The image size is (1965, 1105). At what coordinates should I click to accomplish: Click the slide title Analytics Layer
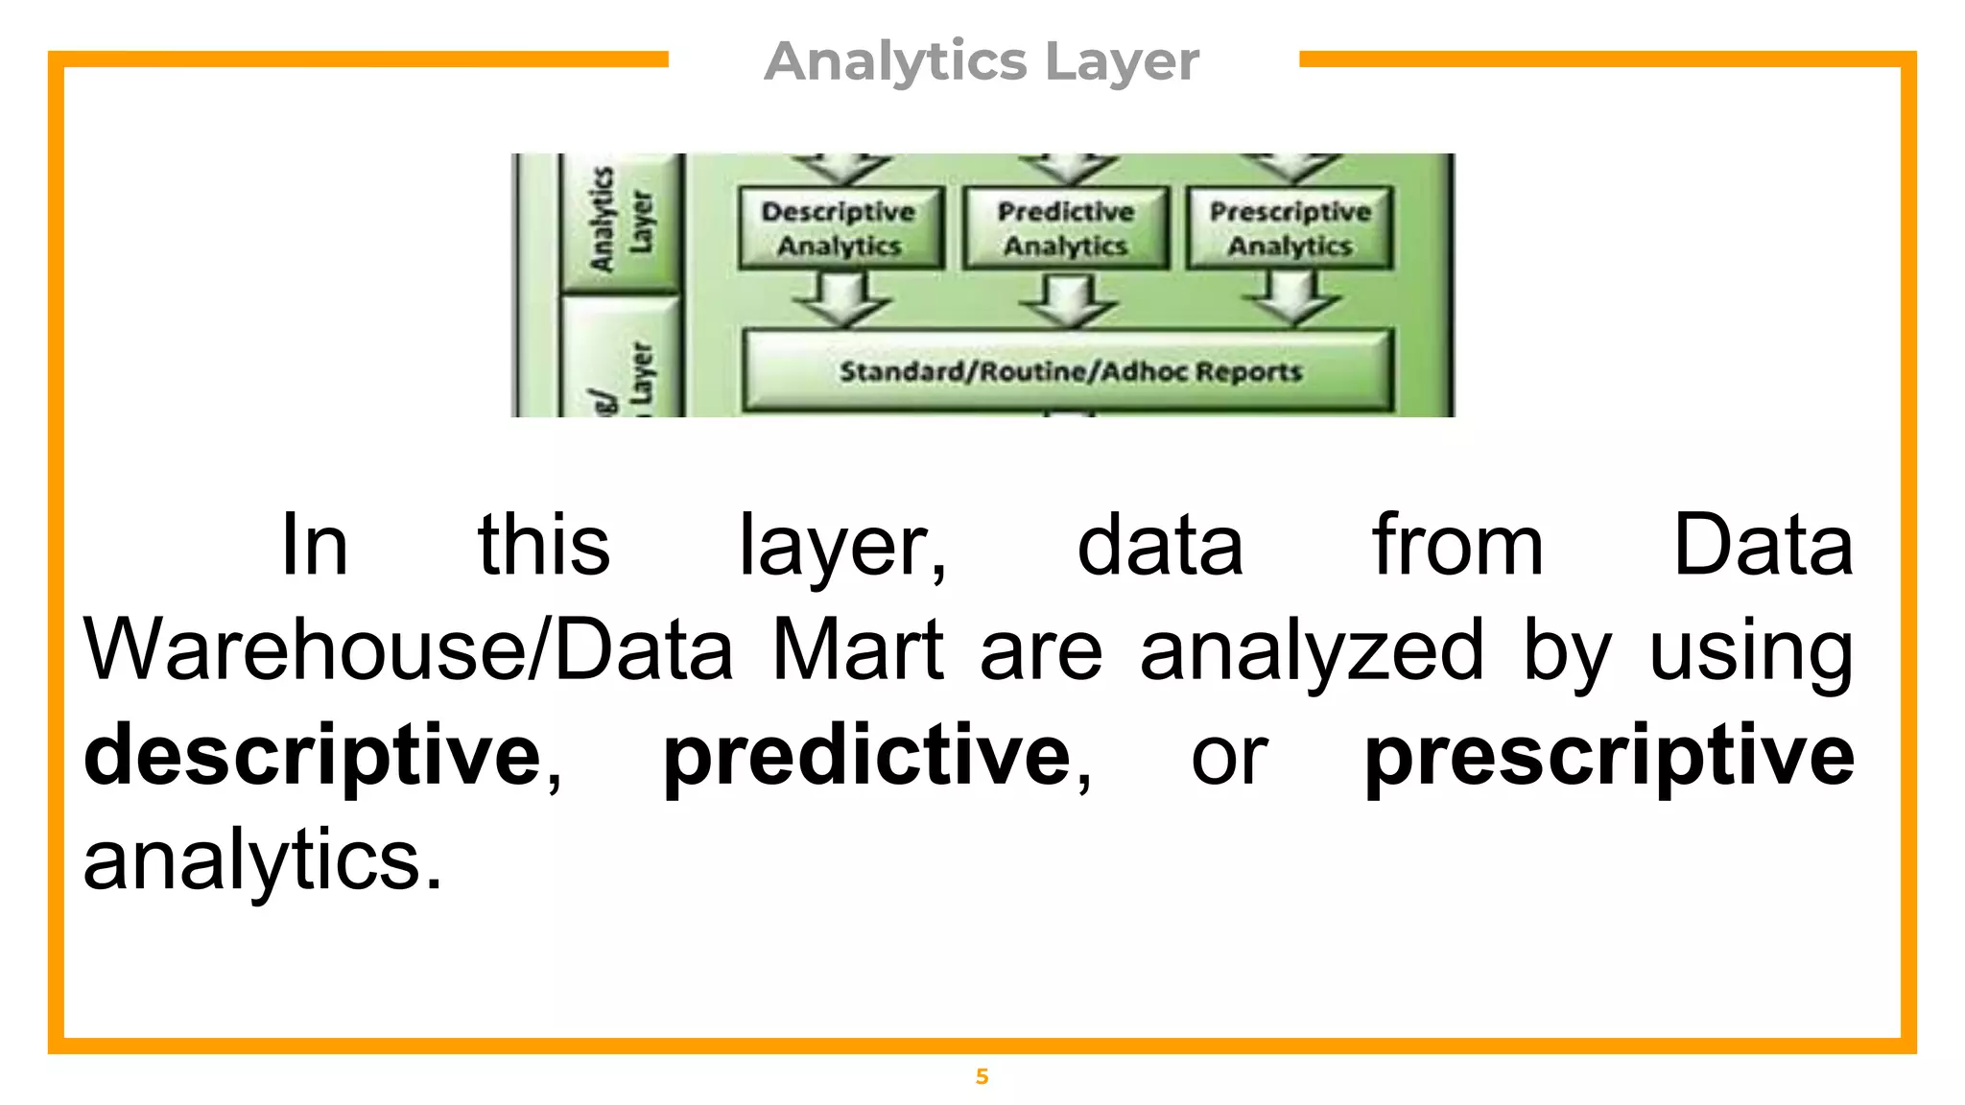point(982,61)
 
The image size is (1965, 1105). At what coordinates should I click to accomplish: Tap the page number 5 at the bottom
point(982,1076)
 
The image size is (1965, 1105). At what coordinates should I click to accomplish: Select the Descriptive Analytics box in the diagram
point(840,228)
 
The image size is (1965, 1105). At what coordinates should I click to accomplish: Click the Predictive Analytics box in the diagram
point(1065,228)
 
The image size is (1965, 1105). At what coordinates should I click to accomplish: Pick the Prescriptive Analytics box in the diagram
point(1290,228)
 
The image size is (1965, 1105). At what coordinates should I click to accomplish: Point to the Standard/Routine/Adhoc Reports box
point(1069,371)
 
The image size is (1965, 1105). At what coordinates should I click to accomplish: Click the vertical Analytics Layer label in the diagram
point(620,221)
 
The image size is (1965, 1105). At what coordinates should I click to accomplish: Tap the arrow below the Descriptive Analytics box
point(840,299)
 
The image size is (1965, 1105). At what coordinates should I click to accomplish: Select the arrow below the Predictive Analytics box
point(1067,299)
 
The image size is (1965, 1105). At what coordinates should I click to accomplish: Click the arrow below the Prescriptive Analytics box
point(1290,299)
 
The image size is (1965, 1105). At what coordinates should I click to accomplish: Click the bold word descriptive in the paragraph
point(314,756)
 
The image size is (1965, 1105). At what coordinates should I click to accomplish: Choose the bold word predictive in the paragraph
point(867,756)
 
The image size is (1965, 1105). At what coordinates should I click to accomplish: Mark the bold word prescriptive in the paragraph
point(1609,756)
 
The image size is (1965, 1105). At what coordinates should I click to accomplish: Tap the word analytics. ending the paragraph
point(263,860)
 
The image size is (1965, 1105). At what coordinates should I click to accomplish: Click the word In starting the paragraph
point(314,546)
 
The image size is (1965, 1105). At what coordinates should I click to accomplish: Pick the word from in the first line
point(1456,546)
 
